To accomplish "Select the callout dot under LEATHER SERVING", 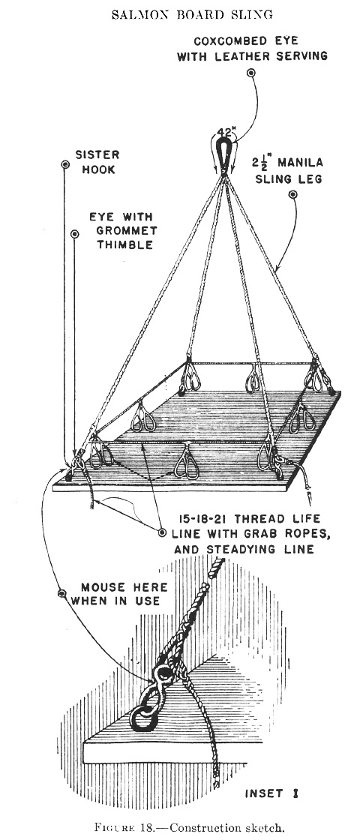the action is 250,72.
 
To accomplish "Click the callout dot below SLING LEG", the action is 292,194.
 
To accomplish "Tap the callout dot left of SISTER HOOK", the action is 65,164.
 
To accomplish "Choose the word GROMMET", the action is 123,231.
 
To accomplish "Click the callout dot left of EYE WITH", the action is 74,233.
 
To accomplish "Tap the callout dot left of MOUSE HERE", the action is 61,593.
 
